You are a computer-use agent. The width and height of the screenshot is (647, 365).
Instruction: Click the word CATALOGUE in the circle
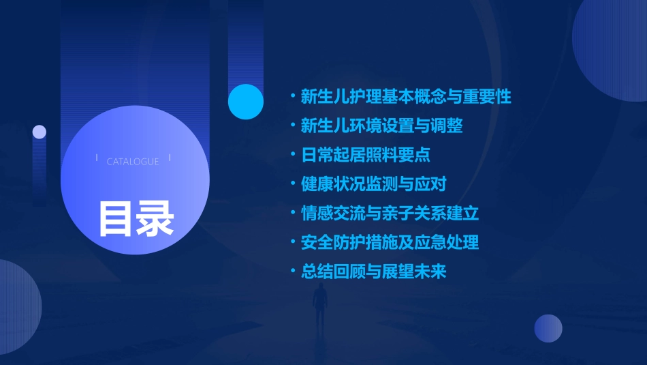[133, 162]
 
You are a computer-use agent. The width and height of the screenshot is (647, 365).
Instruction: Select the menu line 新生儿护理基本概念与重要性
[406, 96]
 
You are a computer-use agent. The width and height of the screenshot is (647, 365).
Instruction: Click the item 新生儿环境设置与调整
[381, 126]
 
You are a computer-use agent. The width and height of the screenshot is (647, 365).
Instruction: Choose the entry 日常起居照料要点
[366, 155]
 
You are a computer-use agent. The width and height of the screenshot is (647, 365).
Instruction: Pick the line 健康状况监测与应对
[373, 184]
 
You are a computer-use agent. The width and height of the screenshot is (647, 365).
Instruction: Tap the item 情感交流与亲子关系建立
[390, 213]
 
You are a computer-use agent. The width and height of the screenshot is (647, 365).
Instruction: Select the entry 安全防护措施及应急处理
[390, 242]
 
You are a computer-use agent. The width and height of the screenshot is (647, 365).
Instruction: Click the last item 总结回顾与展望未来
[373, 272]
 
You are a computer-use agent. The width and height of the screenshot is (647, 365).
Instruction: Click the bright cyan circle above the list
[246, 102]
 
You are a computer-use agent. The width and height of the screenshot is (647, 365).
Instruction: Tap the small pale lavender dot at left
[40, 132]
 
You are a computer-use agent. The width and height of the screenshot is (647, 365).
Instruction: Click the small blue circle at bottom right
[548, 328]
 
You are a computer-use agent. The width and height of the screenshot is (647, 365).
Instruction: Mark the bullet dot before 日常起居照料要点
[293, 155]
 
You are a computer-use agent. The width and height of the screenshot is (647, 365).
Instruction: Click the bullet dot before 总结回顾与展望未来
[293, 272]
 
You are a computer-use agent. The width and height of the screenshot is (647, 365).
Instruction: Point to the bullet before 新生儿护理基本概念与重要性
[293, 96]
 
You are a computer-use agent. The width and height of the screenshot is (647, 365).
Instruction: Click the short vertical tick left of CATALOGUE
[97, 158]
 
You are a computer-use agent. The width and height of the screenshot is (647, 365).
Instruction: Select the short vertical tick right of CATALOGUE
[170, 158]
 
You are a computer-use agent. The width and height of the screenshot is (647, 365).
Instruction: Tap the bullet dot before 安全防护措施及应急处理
[293, 242]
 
